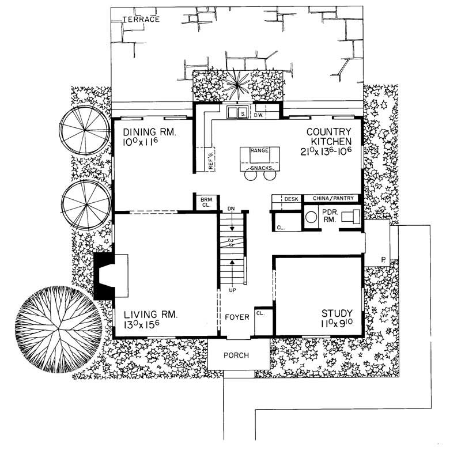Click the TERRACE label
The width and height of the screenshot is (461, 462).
[x=141, y=20]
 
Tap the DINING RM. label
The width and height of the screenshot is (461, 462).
[x=149, y=132]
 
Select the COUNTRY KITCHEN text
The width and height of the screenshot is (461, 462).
[x=333, y=136]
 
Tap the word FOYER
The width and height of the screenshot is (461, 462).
[x=236, y=317]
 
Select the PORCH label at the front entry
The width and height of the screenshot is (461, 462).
[x=236, y=355]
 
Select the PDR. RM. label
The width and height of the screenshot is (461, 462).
[x=328, y=216]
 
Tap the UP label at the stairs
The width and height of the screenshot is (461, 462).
[x=232, y=289]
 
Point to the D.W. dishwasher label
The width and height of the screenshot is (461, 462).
[x=259, y=115]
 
